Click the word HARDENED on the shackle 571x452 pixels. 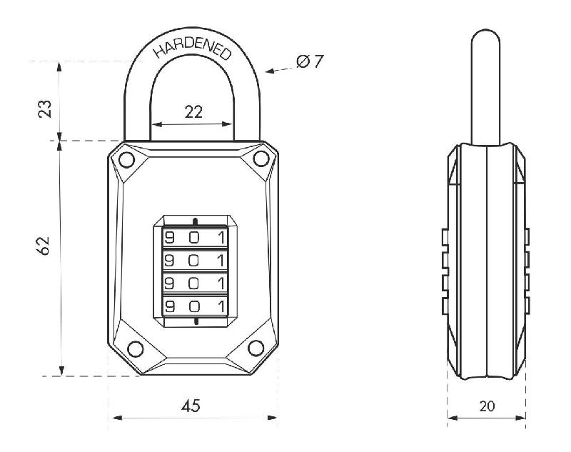click(193, 45)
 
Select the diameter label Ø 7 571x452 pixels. click(309, 61)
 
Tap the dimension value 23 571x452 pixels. click(44, 109)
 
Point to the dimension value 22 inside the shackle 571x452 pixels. click(193, 111)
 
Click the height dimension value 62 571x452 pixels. click(44, 246)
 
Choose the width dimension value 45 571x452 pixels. click(191, 406)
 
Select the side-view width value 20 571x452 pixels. click(487, 406)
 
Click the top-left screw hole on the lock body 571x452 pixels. click(126, 159)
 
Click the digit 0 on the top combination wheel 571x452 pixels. click(193, 237)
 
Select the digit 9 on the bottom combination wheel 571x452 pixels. click(170, 306)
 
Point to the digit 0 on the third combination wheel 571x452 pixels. click(193, 283)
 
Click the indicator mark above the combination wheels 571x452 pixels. click(194, 219)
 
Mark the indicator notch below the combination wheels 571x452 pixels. click(194, 323)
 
